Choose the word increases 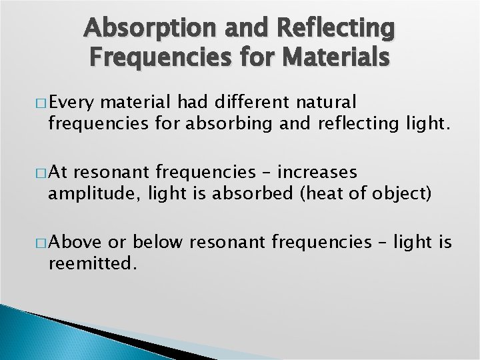317,173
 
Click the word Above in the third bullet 75,243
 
